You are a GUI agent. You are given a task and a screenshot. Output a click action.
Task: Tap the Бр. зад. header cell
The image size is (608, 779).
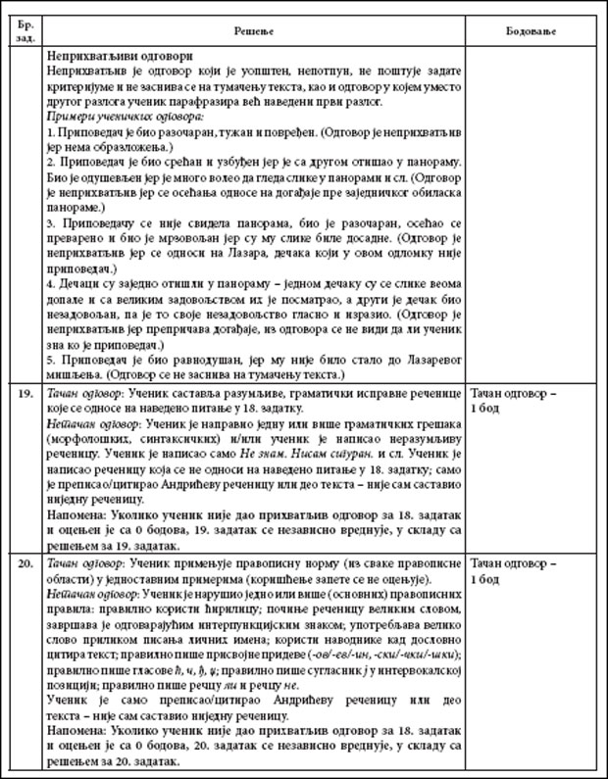(25, 28)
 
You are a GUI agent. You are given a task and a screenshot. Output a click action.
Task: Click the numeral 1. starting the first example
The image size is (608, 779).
(51, 130)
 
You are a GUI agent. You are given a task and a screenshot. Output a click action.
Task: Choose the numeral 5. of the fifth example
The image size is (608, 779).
(51, 361)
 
